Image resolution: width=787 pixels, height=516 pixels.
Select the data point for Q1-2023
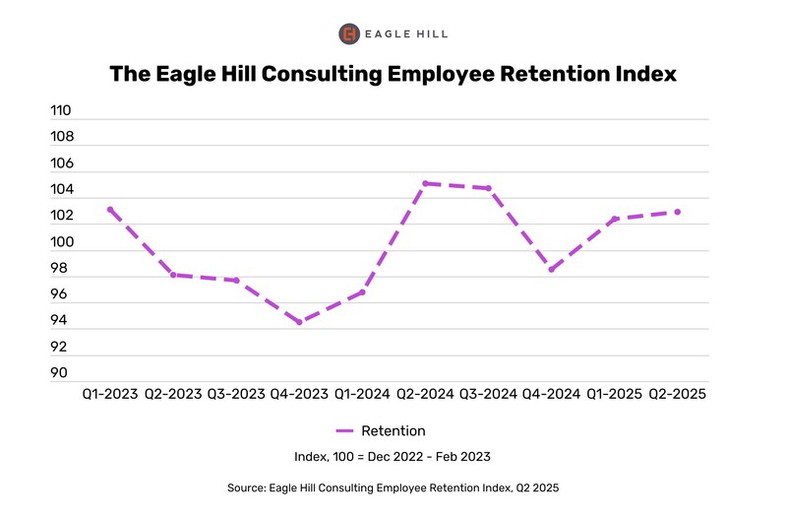[110, 210]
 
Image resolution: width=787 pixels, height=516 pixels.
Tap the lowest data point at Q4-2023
[299, 322]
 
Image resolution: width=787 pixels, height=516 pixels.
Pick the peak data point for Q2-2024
[425, 183]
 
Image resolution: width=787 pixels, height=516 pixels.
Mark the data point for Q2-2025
[677, 212]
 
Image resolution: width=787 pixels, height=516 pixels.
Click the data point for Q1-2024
[362, 291]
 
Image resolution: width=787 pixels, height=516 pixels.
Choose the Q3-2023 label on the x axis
[236, 394]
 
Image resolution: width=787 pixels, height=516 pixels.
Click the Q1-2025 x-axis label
[614, 394]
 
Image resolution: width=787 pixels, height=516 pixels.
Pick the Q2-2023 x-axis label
[173, 394]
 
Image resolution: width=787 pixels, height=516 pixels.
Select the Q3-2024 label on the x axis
[488, 394]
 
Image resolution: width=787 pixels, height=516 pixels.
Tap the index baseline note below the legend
[393, 457]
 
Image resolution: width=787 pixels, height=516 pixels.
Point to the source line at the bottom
[393, 488]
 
